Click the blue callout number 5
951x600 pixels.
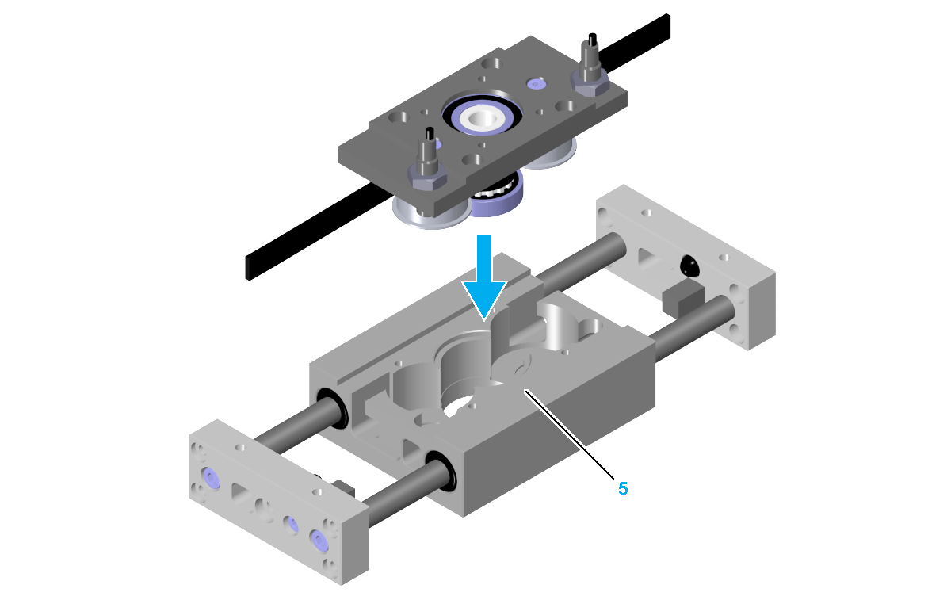pos(623,489)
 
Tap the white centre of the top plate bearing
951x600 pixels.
pos(482,117)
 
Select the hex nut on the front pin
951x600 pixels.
pos(426,175)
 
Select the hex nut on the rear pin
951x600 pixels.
pos(590,83)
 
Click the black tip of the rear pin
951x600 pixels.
pos(592,39)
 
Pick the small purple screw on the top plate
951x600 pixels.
pos(536,83)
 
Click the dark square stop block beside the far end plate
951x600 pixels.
pos(682,300)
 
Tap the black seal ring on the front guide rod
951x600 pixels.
pos(441,472)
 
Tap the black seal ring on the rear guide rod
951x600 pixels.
pos(332,408)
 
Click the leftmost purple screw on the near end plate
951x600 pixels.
pos(211,478)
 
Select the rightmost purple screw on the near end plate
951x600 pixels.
pos(319,541)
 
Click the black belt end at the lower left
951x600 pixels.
pos(254,268)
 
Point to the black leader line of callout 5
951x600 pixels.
pos(569,434)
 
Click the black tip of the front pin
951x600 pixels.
pos(430,133)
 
